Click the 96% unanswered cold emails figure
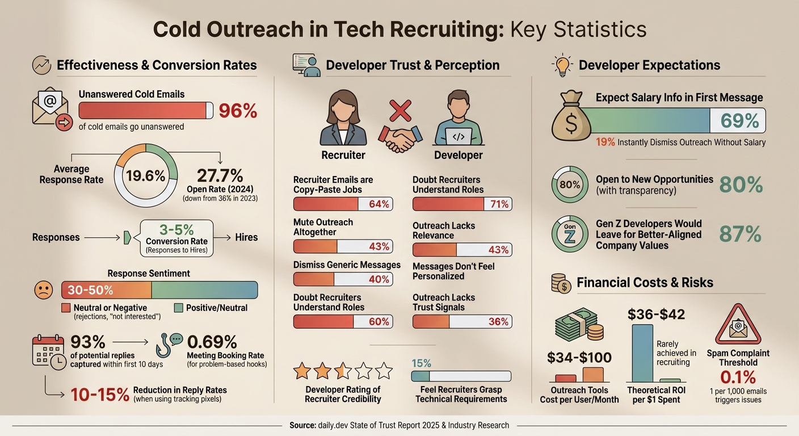[238, 110]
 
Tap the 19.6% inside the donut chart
[146, 175]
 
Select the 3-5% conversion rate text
[176, 230]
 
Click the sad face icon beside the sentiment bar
[44, 290]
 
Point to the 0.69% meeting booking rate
[212, 342]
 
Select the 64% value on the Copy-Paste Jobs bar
[379, 204]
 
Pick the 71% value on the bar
[499, 204]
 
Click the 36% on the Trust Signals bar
[498, 321]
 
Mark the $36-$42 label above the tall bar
[656, 314]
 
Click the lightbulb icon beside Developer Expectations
[562, 65]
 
